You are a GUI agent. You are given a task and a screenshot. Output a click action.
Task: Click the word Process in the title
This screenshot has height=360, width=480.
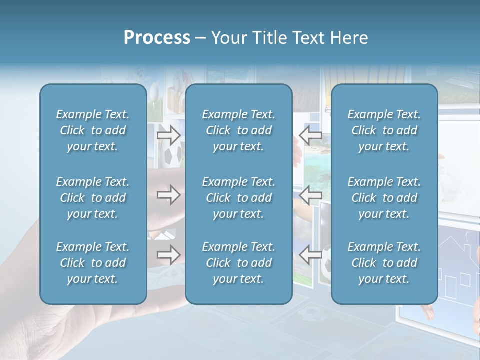[157, 38]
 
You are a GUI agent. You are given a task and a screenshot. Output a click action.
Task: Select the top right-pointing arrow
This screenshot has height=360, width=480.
[168, 134]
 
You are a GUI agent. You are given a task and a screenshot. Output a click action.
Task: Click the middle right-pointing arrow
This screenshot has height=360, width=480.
[168, 195]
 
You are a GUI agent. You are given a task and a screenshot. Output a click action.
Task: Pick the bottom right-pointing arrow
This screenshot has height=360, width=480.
[168, 255]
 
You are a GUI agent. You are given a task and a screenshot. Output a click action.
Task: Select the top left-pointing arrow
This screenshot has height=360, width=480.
[310, 134]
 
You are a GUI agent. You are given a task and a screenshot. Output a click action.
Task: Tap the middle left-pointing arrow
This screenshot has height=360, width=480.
[310, 195]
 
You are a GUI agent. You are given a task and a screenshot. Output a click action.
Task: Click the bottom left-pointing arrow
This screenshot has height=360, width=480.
[310, 255]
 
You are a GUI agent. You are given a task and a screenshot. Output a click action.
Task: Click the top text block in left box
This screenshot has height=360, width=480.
[93, 130]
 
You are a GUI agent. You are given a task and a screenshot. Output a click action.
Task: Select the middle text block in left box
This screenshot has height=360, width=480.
[93, 198]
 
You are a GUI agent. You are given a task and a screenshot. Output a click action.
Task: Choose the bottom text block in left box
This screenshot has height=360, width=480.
[93, 263]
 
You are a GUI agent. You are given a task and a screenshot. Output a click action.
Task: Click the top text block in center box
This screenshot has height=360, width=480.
[239, 130]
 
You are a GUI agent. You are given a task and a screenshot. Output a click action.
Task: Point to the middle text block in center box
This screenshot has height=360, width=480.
[239, 198]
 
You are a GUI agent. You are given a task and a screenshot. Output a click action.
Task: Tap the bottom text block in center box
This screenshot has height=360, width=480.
[239, 263]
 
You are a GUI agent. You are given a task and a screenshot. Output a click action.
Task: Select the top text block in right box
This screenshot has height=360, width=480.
[384, 130]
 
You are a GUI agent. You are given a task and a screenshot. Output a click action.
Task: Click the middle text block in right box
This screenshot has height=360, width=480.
[384, 198]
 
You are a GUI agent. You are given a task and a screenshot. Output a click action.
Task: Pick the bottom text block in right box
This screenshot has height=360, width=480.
[384, 263]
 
